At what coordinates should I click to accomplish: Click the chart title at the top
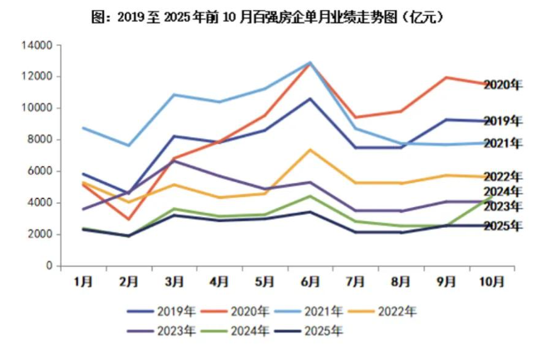(276, 16)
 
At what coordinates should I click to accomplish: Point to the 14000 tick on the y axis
(37, 45)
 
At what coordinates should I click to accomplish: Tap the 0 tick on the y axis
(49, 266)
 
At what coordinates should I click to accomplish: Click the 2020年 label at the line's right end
(503, 84)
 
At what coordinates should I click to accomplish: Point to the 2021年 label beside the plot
(503, 143)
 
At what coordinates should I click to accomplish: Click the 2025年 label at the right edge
(503, 226)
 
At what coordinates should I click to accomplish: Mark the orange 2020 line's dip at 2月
(128, 219)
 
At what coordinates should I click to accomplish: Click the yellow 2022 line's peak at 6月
(310, 150)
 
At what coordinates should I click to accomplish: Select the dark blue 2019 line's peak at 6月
(310, 98)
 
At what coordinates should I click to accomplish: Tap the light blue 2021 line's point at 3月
(174, 95)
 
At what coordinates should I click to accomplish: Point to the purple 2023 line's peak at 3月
(174, 160)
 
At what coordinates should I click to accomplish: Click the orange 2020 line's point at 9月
(447, 77)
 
